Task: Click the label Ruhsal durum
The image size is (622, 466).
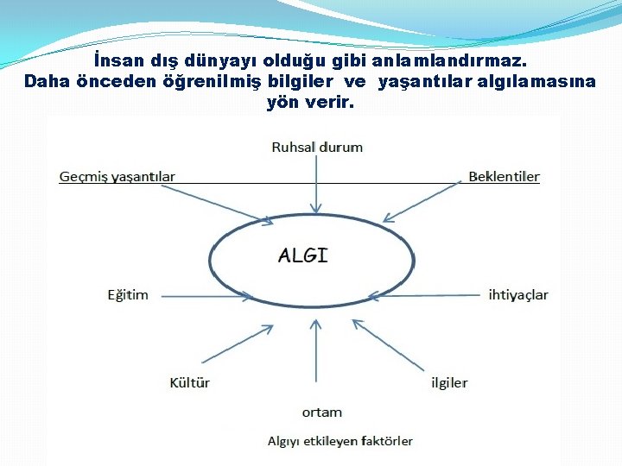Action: (317, 148)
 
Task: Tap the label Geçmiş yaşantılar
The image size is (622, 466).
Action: (117, 177)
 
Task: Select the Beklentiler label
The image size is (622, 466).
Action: (504, 177)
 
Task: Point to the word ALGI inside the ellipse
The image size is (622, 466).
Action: (302, 255)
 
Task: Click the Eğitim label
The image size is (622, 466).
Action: (127, 295)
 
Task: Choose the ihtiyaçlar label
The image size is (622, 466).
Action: (517, 295)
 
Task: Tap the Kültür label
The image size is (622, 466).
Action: (189, 382)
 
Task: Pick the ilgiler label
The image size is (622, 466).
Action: (449, 382)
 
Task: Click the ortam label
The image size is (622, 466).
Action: (321, 412)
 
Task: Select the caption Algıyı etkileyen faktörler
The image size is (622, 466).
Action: (340, 441)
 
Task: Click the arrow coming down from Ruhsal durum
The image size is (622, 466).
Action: (317, 185)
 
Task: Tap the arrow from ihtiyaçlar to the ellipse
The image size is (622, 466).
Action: (423, 295)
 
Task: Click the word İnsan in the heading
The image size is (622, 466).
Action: (116, 62)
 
